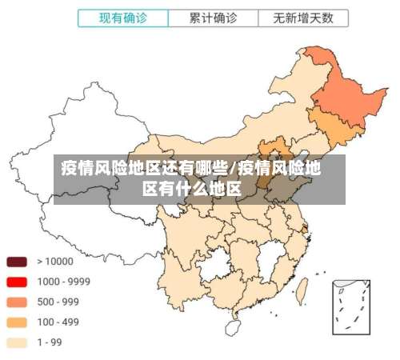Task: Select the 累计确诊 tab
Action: (212, 17)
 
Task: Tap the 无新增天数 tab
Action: (303, 17)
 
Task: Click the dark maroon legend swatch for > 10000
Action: (17, 261)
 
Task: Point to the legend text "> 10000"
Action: (54, 261)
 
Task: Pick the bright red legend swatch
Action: (17, 282)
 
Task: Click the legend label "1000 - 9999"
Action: (63, 282)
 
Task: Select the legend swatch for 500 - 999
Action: (17, 302)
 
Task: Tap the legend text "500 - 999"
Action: (58, 302)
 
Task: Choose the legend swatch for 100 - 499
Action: (17, 322)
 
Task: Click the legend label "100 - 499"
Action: (58, 322)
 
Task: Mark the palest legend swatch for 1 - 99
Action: (17, 343)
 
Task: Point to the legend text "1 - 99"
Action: (50, 343)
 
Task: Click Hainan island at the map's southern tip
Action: (233, 327)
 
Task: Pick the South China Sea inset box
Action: (351, 307)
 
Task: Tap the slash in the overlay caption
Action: (232, 169)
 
